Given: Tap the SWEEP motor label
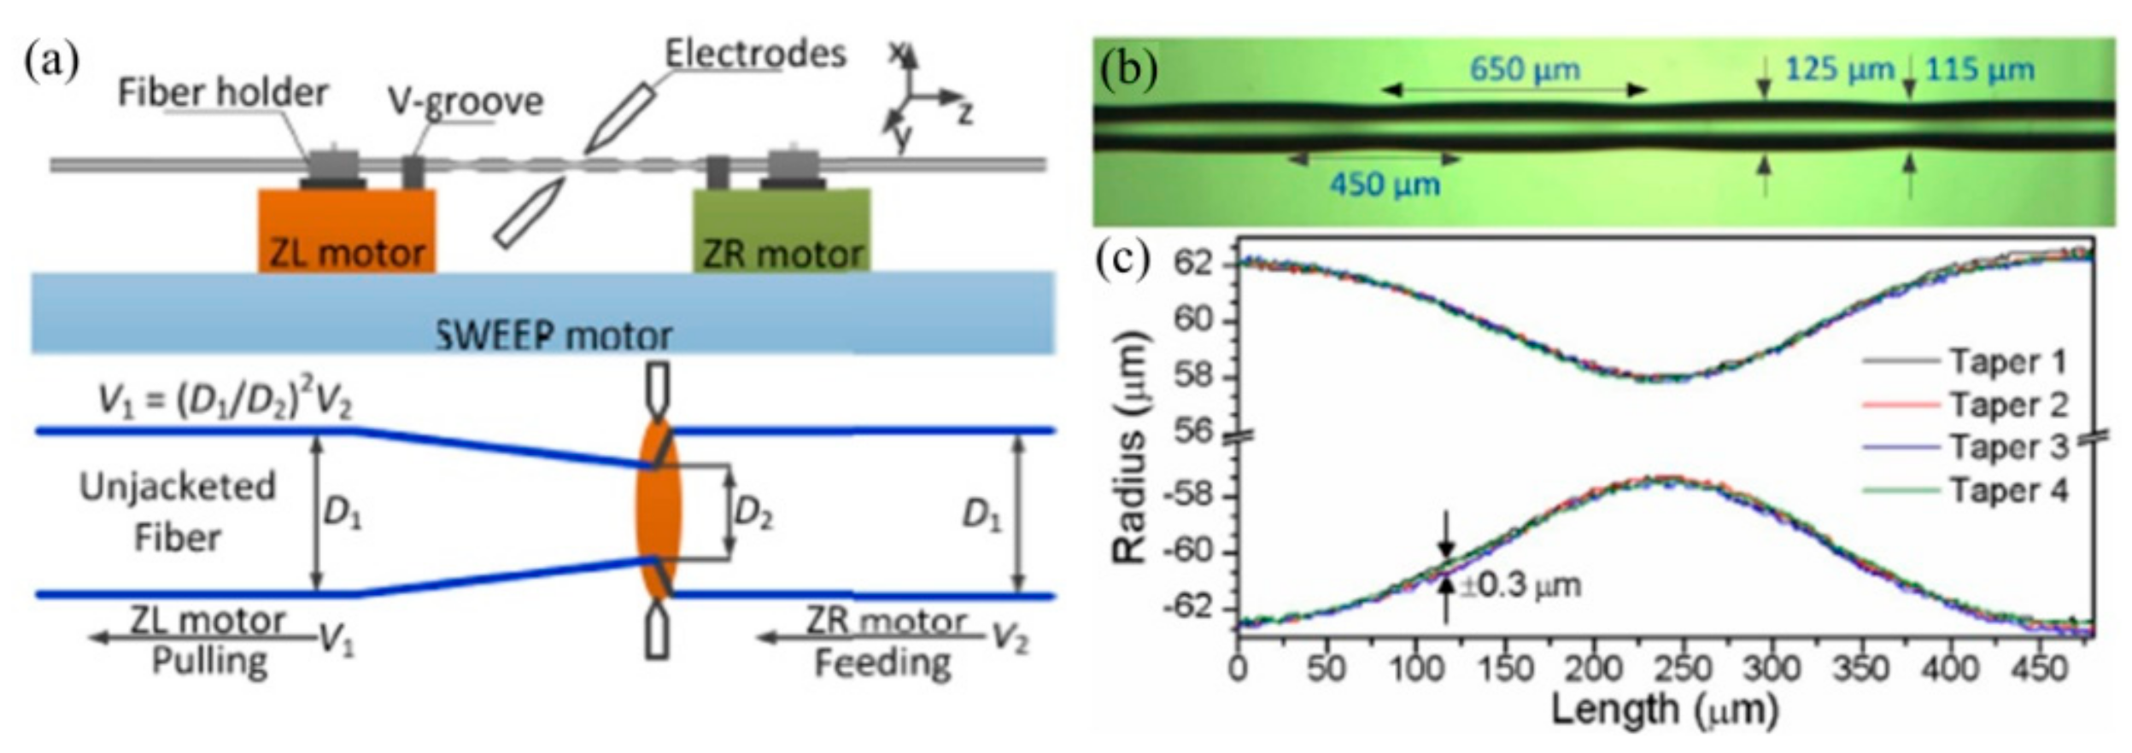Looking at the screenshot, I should (x=553, y=335).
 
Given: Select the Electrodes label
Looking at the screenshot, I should (x=755, y=54).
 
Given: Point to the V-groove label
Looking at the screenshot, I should (x=466, y=102).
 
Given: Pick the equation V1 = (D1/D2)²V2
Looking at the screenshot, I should (x=225, y=400).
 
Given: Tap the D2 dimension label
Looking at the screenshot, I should (x=753, y=512).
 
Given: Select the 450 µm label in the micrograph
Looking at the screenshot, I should (x=1384, y=184).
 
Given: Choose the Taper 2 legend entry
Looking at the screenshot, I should (x=2008, y=405).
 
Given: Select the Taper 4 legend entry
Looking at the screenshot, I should (x=2008, y=490).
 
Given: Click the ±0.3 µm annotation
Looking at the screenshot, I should (x=1520, y=586).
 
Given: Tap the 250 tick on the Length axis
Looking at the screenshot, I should (x=1682, y=667).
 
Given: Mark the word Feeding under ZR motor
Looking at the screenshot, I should (x=882, y=663).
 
